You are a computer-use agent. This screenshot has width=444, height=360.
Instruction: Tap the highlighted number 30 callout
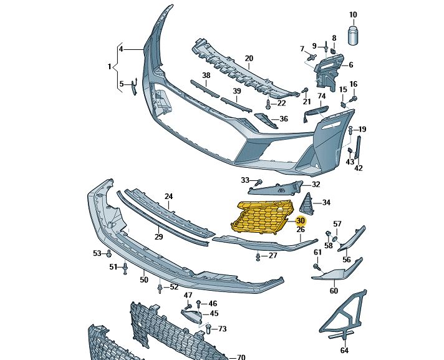[x=301, y=221]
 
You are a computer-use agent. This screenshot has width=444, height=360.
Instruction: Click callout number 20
[x=249, y=59]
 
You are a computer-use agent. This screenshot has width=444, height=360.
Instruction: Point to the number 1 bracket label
[x=109, y=66]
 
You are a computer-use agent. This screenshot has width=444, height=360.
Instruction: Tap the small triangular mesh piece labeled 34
[x=307, y=203]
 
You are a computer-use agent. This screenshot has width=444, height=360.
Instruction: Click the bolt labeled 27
[x=258, y=256]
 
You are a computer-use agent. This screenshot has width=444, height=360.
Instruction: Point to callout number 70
[x=241, y=358]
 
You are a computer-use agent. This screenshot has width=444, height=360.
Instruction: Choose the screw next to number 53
[x=109, y=253]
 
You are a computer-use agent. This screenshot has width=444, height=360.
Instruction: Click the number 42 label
[x=359, y=168]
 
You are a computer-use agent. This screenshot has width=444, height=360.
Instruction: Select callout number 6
[x=350, y=65]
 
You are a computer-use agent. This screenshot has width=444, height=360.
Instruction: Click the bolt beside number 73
[x=208, y=329]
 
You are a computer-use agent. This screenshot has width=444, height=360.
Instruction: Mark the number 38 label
[x=206, y=75]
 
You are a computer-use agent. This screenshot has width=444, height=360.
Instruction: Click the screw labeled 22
[x=268, y=104]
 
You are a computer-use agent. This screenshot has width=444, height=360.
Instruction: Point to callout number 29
[x=159, y=237]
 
